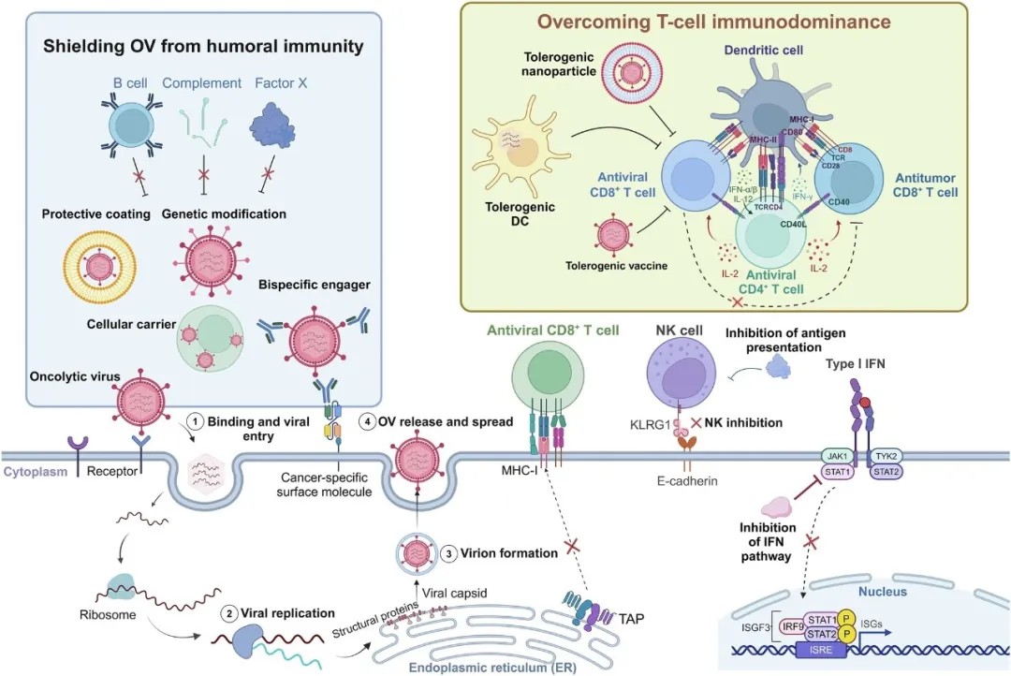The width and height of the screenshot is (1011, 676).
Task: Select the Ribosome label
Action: click(104, 617)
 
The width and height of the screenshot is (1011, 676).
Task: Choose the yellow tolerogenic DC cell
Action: click(518, 158)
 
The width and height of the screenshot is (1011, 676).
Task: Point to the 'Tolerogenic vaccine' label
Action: click(616, 266)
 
